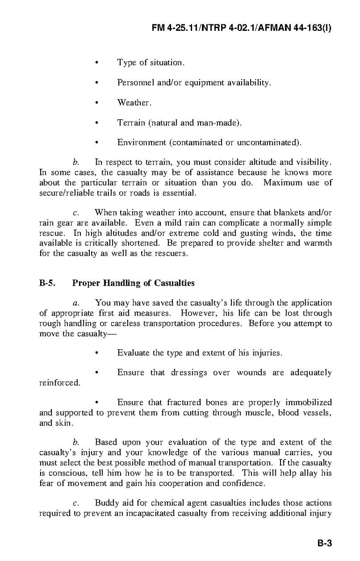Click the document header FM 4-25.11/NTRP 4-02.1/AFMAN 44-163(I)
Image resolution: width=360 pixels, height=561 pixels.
(242, 28)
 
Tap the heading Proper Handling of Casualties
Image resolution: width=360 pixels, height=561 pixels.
(133, 283)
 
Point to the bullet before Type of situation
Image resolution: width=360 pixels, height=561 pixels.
(97, 62)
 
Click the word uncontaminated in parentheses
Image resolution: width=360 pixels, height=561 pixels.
(268, 142)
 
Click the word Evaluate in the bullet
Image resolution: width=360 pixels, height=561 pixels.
(134, 352)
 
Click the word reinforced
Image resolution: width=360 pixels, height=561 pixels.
(59, 383)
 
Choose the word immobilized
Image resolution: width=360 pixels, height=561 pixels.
(309, 403)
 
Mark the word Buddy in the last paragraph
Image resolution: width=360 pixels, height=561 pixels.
(106, 503)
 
